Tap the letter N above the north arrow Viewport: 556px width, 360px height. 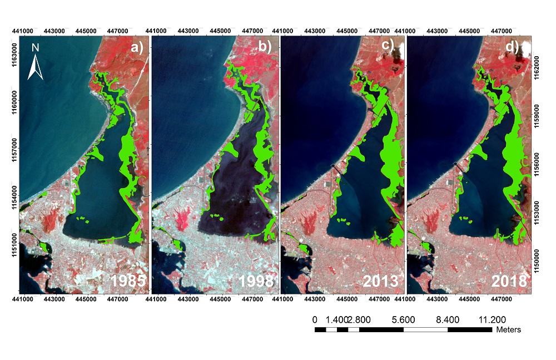35,48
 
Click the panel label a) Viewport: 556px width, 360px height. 137,47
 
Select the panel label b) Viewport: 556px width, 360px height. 265,47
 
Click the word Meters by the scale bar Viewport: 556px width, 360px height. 508,329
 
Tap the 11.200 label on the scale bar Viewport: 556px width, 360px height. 492,319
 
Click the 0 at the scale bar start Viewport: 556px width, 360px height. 315,319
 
